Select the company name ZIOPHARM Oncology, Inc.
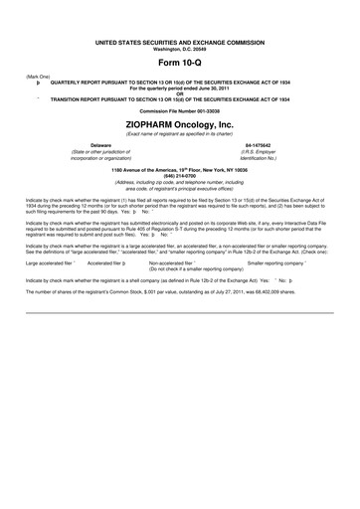tap(180, 122)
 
